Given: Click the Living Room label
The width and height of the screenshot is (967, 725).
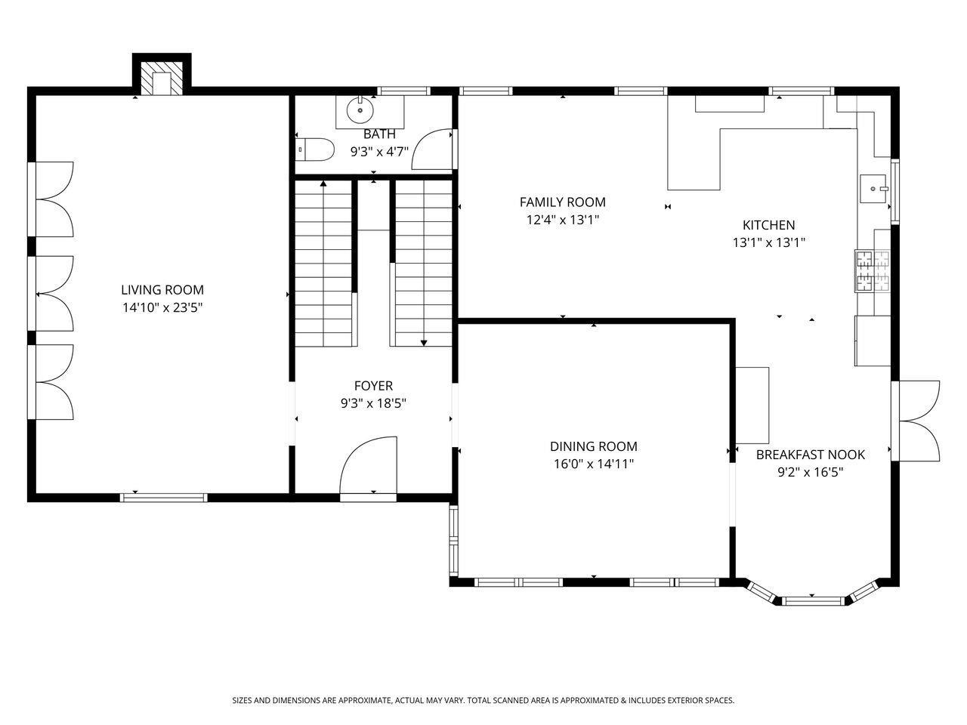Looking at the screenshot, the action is pyautogui.click(x=162, y=290).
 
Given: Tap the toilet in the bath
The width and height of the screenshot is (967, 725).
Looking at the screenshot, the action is pyautogui.click(x=314, y=150).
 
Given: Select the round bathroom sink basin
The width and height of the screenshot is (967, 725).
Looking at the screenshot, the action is pyautogui.click(x=360, y=110).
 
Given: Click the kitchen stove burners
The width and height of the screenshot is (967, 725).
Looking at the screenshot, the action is pyautogui.click(x=872, y=270).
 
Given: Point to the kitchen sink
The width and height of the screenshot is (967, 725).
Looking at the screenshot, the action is pyautogui.click(x=873, y=188).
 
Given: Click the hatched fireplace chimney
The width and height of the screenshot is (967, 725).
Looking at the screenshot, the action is pyautogui.click(x=162, y=79).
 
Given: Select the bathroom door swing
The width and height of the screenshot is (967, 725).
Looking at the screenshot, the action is pyautogui.click(x=432, y=150).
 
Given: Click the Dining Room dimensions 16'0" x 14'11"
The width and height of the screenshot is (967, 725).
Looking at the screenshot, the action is pyautogui.click(x=593, y=464).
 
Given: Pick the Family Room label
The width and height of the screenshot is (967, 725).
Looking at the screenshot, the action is pyautogui.click(x=563, y=202).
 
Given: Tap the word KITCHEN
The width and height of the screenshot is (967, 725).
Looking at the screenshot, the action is pyautogui.click(x=769, y=225).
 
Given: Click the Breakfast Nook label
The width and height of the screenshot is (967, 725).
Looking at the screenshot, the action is pyautogui.click(x=810, y=455).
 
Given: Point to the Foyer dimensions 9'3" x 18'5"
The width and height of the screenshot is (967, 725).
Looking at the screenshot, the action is pyautogui.click(x=373, y=403).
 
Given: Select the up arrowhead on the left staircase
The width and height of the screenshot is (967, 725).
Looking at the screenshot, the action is pyautogui.click(x=323, y=183).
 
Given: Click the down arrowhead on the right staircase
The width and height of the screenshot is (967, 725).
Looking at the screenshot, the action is pyautogui.click(x=424, y=343).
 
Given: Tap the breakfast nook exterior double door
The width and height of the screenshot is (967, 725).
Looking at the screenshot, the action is pyautogui.click(x=916, y=421).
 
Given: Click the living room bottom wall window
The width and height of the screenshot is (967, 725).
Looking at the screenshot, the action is pyautogui.click(x=163, y=498).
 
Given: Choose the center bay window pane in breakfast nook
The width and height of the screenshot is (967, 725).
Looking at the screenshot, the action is pyautogui.click(x=815, y=601).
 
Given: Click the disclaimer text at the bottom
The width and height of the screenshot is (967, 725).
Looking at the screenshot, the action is pyautogui.click(x=483, y=700).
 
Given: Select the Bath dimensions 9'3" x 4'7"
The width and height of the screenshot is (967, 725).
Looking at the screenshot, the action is pyautogui.click(x=379, y=152).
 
